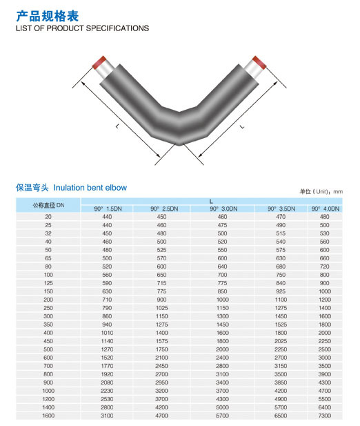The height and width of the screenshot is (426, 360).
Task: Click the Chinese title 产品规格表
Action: [x=47, y=16]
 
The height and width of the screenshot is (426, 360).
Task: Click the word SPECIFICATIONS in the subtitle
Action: [x=117, y=28]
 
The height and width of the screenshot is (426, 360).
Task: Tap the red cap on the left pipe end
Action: [x=99, y=63]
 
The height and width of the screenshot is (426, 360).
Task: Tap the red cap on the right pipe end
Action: [x=259, y=63]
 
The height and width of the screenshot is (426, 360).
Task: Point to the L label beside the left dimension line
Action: [x=117, y=126]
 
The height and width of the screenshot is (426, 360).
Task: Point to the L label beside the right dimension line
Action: [x=242, y=126]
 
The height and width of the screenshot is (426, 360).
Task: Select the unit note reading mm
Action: [x=338, y=192]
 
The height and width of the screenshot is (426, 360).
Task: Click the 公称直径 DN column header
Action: [x=48, y=205]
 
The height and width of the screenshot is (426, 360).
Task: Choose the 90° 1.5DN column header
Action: [x=108, y=209]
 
